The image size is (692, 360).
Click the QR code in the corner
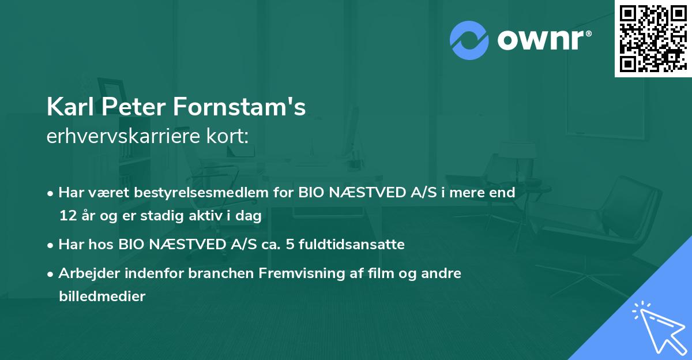(x=653, y=39)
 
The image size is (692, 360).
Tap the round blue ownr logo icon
(x=469, y=40)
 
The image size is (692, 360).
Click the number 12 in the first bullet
(x=66, y=216)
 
